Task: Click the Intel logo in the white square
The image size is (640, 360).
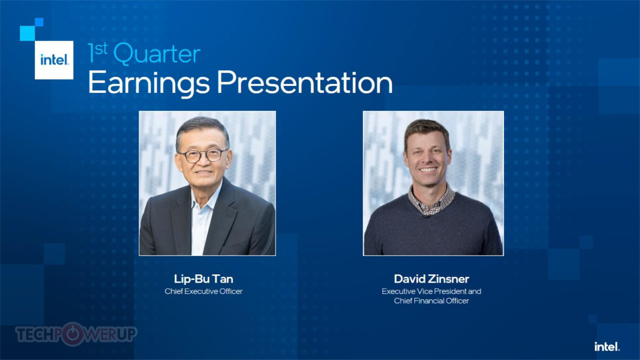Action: (54, 60)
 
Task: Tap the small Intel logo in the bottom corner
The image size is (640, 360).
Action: (607, 347)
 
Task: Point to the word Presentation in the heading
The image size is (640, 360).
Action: (305, 82)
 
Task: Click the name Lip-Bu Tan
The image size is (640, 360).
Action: (204, 279)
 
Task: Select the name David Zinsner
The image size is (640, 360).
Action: (432, 279)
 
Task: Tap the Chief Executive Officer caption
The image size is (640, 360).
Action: (204, 291)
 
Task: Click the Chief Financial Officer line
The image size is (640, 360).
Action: (432, 301)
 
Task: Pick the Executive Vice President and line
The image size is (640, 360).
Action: (432, 291)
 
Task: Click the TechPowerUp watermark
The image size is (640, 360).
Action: (76, 334)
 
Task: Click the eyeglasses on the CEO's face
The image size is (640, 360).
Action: (203, 156)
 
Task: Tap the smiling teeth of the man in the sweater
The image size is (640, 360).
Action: (428, 169)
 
